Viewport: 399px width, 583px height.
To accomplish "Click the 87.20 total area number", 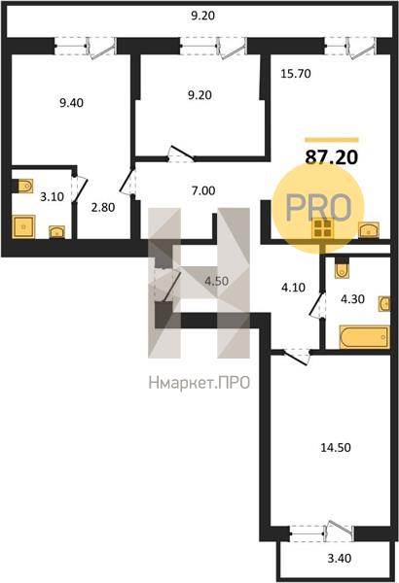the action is pyautogui.click(x=331, y=157).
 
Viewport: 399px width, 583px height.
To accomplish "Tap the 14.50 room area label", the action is pyautogui.click(x=336, y=447).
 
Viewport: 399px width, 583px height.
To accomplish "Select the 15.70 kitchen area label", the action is pyautogui.click(x=296, y=74).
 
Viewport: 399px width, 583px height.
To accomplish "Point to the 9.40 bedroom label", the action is pyautogui.click(x=72, y=103).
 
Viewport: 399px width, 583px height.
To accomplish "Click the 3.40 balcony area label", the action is pyautogui.click(x=339, y=558).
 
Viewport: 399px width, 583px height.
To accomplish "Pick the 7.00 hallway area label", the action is pyautogui.click(x=203, y=190).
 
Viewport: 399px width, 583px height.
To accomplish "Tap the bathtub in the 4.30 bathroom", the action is pyautogui.click(x=364, y=337).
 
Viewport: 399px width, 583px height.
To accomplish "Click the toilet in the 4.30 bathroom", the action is pyautogui.click(x=342, y=269).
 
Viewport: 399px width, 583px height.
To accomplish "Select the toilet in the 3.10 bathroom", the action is pyautogui.click(x=23, y=186).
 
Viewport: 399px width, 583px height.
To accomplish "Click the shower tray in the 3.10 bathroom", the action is pyautogui.click(x=23, y=226).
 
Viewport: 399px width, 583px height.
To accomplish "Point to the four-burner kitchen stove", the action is pyautogui.click(x=323, y=228).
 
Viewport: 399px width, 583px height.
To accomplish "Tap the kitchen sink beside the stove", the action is pyautogui.click(x=369, y=229).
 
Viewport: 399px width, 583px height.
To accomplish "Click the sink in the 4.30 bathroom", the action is pyautogui.click(x=384, y=304).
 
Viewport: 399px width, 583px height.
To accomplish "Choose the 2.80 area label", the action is pyautogui.click(x=103, y=207).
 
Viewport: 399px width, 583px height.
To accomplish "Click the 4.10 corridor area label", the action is pyautogui.click(x=294, y=287).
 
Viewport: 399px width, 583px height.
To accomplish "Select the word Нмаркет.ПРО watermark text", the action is pyautogui.click(x=199, y=382).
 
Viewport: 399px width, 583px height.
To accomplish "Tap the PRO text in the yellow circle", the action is pyautogui.click(x=318, y=208).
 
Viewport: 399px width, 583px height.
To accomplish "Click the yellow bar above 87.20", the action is pyautogui.click(x=332, y=140).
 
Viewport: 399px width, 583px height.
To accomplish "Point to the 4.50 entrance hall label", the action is pyautogui.click(x=216, y=281).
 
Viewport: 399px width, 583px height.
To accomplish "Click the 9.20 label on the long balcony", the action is pyautogui.click(x=203, y=16).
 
